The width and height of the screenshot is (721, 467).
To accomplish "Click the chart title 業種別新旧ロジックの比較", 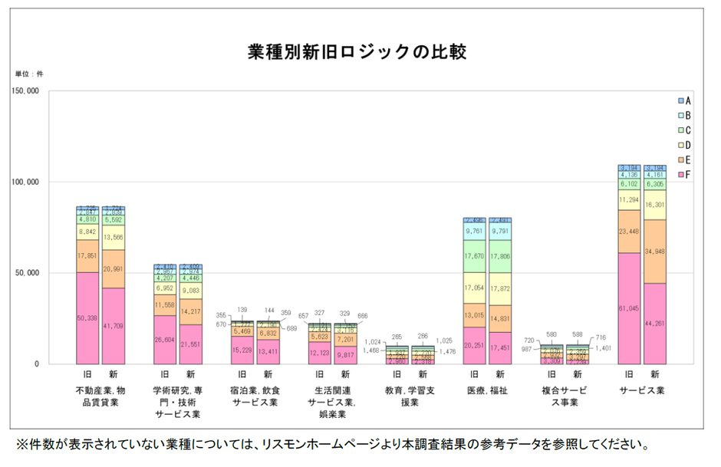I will coord(357,53).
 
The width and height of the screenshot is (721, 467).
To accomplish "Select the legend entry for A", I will coord(684,100).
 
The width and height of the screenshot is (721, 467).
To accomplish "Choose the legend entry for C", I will coord(684,130).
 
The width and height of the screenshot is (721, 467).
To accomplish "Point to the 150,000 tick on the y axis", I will coord(27,91).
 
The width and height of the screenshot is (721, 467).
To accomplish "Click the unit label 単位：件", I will coord(30,74).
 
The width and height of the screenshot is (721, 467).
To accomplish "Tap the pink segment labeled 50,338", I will coord(87,317).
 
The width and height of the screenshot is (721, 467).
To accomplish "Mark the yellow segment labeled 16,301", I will coord(655,205).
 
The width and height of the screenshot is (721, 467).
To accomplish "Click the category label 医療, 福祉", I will coord(487,390).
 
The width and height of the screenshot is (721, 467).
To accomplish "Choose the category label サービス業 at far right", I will coord(642,390).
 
